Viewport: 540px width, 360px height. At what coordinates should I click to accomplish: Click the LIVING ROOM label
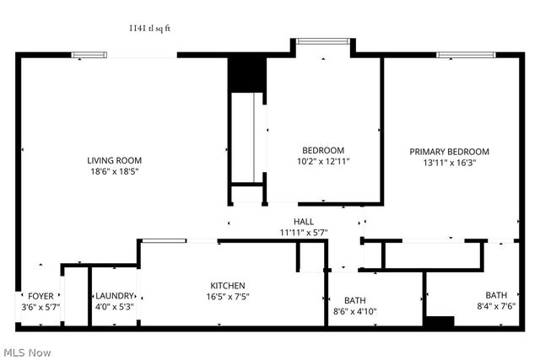[115, 160]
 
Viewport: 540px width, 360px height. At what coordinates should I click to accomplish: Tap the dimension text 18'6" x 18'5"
[115, 171]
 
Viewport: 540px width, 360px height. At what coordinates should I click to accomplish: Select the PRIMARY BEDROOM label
[449, 152]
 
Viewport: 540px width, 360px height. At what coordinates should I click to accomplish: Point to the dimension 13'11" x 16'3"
[449, 163]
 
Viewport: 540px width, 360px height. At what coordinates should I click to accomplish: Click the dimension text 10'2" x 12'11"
[322, 161]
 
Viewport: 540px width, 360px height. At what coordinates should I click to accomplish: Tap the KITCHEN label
[228, 286]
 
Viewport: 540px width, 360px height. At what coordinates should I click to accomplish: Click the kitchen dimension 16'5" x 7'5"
[228, 297]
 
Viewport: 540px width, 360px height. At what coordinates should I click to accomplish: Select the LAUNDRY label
[114, 296]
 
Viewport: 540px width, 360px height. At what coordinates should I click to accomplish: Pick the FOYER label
[40, 296]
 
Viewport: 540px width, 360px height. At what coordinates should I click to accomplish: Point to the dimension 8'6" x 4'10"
[354, 311]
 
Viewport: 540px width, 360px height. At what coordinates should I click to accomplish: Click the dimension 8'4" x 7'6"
[496, 306]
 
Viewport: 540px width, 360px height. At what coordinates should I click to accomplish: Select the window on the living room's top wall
[89, 55]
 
